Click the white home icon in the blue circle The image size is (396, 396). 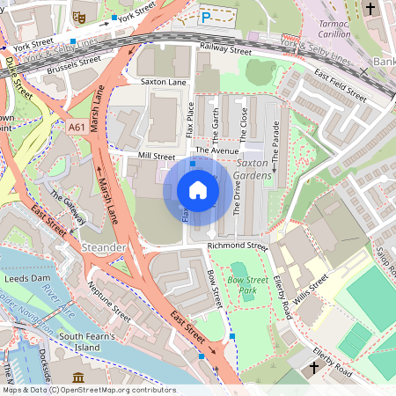coord(198,190)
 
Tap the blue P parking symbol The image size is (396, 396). coord(205,17)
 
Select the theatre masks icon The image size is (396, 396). coord(77,15)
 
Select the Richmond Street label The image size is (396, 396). coord(237,246)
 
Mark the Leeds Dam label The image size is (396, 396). coord(29,278)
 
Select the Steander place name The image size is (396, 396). coord(103,248)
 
